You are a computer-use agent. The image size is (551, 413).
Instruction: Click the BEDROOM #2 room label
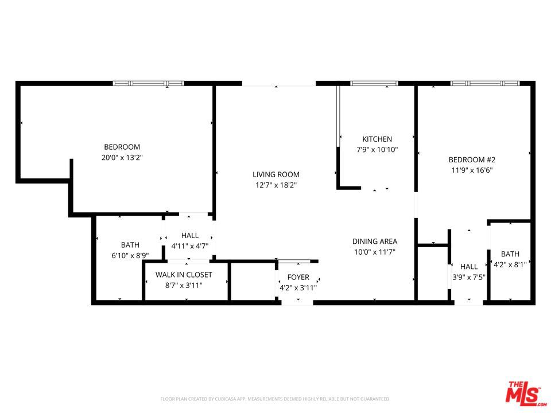click(472, 160)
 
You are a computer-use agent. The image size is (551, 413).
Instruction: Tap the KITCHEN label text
click(377, 139)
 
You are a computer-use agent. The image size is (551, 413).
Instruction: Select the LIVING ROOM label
click(276, 174)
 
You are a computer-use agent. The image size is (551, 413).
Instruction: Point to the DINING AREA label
click(375, 241)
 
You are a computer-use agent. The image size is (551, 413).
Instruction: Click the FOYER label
click(298, 278)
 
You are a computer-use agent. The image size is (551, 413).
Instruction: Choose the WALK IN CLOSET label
click(184, 275)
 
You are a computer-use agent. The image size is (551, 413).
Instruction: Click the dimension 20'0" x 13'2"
click(122, 158)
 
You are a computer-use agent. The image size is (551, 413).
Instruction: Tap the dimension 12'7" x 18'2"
click(276, 185)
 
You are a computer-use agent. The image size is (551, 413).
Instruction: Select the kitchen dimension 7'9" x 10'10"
click(377, 150)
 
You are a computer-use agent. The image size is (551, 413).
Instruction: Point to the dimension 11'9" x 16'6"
click(472, 170)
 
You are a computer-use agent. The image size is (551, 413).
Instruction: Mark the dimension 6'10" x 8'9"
click(130, 256)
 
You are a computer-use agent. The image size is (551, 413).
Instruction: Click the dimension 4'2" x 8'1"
click(510, 265)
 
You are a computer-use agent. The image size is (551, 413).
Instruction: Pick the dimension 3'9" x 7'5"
click(469, 277)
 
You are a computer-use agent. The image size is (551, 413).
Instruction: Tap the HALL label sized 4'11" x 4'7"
click(190, 236)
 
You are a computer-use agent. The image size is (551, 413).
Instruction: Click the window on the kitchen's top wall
click(374, 84)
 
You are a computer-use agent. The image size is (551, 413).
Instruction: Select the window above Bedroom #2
click(485, 84)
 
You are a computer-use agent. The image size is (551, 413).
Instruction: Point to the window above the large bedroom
click(148, 84)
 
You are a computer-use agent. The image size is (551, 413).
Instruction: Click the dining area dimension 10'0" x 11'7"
click(375, 252)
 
